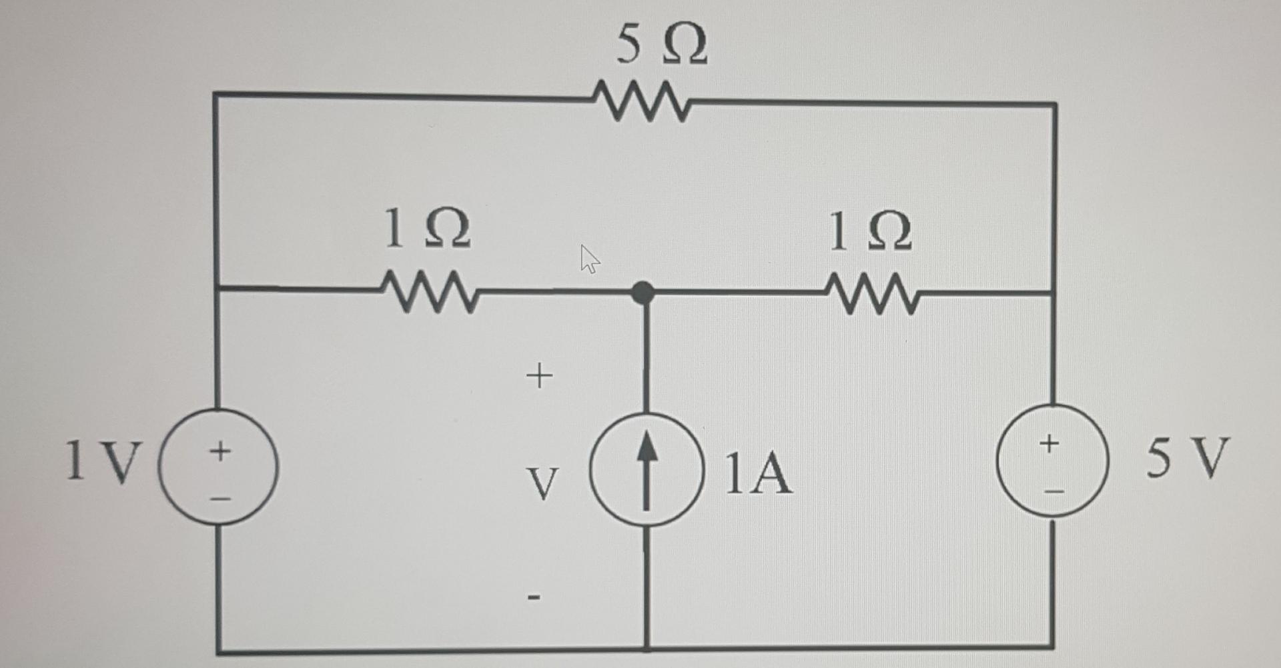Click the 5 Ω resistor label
point(661,45)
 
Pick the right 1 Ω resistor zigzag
point(873,293)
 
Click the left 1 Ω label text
point(427,228)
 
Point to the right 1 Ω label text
point(870,231)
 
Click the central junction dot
point(643,292)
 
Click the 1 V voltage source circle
point(218,467)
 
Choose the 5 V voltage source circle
point(1052,461)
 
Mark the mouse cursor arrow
point(589,259)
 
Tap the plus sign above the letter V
point(539,376)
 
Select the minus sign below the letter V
point(533,597)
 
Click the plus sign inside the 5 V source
point(1049,442)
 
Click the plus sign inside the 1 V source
point(220,451)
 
